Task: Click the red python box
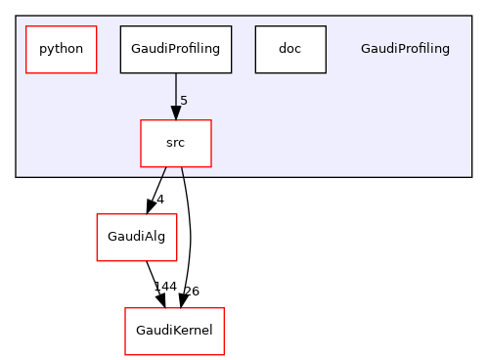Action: coord(61,49)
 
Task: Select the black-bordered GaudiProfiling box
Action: coord(176,49)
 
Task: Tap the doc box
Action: coord(289,49)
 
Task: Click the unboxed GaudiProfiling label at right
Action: coord(405,49)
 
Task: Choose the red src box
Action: coord(176,143)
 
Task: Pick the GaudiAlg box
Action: coord(136,237)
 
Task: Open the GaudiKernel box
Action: coord(174,331)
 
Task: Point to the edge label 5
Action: coord(183,101)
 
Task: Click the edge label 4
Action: coord(160,199)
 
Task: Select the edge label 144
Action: coord(164,287)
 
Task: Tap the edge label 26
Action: coord(192,291)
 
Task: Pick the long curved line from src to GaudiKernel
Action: coord(189,235)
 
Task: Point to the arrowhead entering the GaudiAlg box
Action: coord(150,205)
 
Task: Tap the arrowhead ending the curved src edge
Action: coord(182,299)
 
